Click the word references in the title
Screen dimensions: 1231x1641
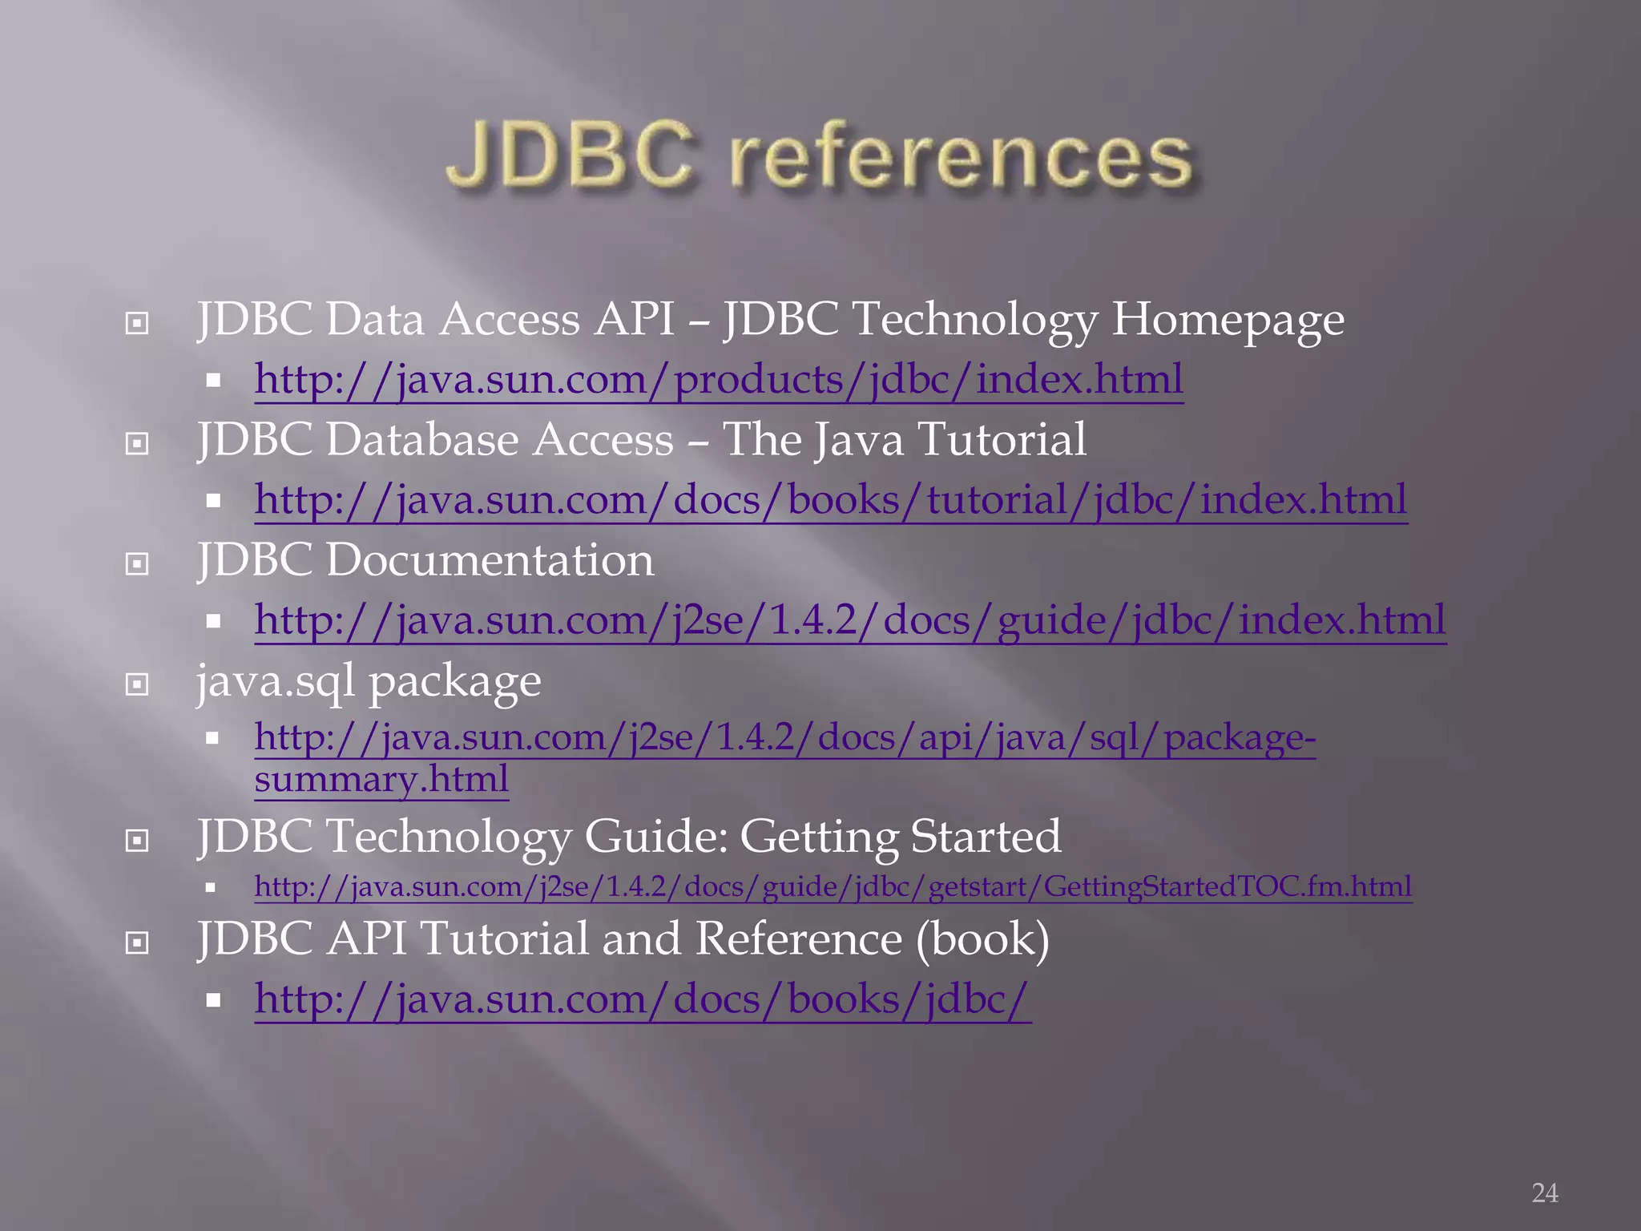tap(962, 157)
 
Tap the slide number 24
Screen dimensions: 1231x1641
tap(1544, 1193)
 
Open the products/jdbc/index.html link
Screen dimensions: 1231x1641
tap(718, 379)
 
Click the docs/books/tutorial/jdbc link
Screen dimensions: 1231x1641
tap(830, 499)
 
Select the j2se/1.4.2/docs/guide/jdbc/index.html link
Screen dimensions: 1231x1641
tap(849, 620)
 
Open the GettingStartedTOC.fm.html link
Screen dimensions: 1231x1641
tap(833, 886)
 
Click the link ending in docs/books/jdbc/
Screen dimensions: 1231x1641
tap(642, 999)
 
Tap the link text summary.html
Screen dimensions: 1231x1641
tap(381, 778)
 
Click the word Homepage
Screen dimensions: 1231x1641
tap(1228, 320)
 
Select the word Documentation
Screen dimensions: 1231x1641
tap(490, 559)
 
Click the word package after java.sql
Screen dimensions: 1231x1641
tap(454, 683)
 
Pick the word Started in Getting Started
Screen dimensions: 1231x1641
tap(986, 836)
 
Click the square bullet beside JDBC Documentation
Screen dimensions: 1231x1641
tap(137, 564)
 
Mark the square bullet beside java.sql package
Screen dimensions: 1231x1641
tap(137, 684)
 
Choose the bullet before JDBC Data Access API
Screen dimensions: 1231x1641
tap(137, 323)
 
